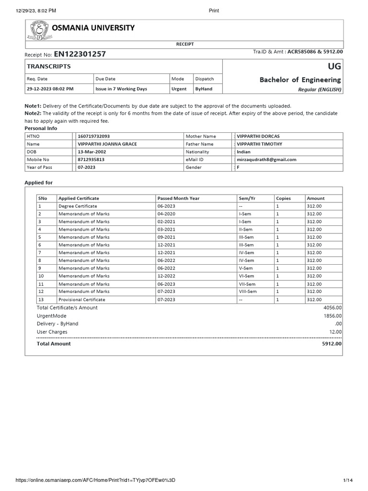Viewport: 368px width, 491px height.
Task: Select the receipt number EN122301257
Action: point(80,54)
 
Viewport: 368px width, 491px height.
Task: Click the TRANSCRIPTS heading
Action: point(49,67)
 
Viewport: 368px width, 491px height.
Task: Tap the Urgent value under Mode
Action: point(179,89)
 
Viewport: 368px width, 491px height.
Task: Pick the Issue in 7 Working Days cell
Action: point(121,89)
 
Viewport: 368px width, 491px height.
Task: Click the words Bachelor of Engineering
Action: point(300,80)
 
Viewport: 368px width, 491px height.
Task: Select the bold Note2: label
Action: point(34,113)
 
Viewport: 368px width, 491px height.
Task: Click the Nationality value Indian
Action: point(244,152)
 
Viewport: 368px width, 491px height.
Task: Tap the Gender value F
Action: point(239,167)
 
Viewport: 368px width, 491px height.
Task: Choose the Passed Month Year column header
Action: point(178,198)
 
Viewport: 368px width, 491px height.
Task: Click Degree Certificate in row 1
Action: point(78,206)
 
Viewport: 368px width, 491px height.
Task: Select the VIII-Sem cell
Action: point(248,292)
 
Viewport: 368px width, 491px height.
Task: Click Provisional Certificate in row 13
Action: point(82,300)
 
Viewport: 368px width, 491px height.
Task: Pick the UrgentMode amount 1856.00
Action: point(333,316)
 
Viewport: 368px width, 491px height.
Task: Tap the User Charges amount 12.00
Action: point(335,332)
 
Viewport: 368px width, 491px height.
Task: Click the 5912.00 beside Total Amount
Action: point(332,344)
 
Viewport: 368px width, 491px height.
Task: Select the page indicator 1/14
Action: point(348,480)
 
